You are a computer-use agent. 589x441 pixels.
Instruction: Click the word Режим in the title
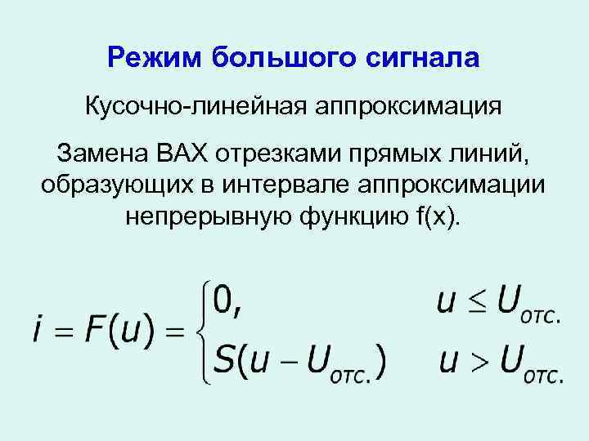pos(154,58)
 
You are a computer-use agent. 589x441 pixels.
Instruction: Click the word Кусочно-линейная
pos(197,107)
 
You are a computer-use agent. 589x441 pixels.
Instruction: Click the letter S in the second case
pos(224,359)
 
